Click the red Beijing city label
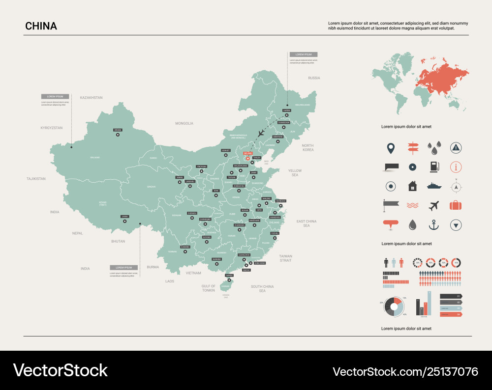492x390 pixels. tap(247, 153)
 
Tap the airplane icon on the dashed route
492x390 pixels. tap(261, 133)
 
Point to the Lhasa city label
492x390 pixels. tap(124, 216)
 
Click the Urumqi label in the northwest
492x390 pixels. tap(118, 130)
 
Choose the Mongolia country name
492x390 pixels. tap(184, 123)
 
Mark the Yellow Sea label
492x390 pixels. tap(295, 172)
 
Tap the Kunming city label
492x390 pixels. tap(185, 247)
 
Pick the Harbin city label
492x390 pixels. tap(286, 111)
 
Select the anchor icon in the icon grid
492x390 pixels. tap(433, 225)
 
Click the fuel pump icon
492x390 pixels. tap(433, 167)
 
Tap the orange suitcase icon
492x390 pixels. tap(456, 205)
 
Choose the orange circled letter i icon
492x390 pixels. tap(456, 167)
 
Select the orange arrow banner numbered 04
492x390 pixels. tap(450, 314)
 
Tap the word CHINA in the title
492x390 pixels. tap(41, 26)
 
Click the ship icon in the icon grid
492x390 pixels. tap(433, 186)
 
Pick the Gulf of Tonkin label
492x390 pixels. tap(208, 288)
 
